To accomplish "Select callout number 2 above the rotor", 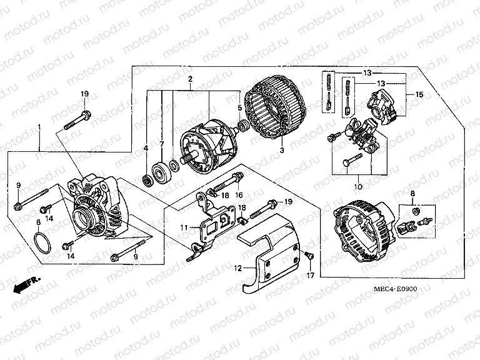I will [190, 79].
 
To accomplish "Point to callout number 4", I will [145, 148].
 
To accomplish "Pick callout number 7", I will [161, 144].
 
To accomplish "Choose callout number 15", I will [419, 94].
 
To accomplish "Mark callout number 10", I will [358, 186].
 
